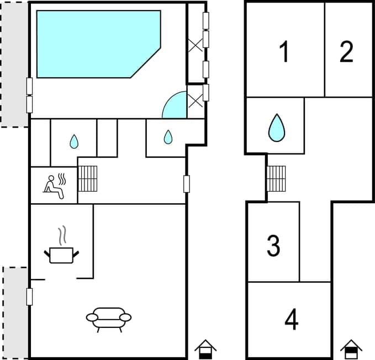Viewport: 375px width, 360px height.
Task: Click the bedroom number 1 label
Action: click(284, 52)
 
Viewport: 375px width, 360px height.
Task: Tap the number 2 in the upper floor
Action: click(346, 51)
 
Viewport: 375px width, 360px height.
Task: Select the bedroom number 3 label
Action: click(273, 246)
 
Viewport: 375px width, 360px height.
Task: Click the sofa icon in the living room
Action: click(109, 319)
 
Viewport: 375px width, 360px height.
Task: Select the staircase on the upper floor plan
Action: click(276, 178)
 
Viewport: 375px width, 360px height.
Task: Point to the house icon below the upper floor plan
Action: click(351, 349)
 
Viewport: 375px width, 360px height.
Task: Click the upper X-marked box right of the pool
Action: click(196, 45)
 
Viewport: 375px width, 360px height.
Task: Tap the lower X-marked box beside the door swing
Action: click(196, 100)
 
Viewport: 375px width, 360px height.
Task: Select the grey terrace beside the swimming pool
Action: click(14, 63)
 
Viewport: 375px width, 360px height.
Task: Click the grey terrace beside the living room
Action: click(16, 312)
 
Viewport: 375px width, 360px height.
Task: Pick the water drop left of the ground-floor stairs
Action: click(74, 142)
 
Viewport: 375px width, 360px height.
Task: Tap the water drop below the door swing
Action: click(168, 136)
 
